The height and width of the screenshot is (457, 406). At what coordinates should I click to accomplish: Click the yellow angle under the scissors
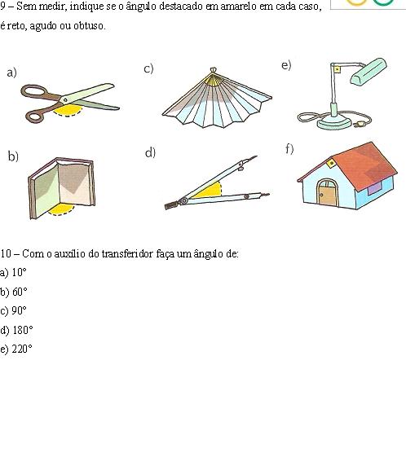pyautogui.click(x=68, y=110)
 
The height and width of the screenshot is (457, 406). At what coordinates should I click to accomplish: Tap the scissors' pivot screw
pyautogui.click(x=65, y=100)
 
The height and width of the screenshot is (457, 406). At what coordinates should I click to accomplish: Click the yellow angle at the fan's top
pyautogui.click(x=214, y=80)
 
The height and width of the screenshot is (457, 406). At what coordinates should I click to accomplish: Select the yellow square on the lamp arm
pyautogui.click(x=337, y=69)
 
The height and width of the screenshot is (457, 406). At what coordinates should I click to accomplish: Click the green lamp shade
pyautogui.click(x=368, y=72)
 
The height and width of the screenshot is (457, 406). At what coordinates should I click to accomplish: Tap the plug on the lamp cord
pyautogui.click(x=359, y=125)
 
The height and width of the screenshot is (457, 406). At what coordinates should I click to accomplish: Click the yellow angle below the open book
pyautogui.click(x=61, y=209)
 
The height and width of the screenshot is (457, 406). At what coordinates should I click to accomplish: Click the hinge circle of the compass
pyautogui.click(x=184, y=201)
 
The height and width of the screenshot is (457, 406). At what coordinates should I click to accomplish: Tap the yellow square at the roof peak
pyautogui.click(x=331, y=163)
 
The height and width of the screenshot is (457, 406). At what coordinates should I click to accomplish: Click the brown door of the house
pyautogui.click(x=328, y=196)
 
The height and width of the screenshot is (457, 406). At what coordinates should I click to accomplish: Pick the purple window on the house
pyautogui.click(x=374, y=188)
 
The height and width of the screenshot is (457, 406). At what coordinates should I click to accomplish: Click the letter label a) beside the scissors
pyautogui.click(x=12, y=73)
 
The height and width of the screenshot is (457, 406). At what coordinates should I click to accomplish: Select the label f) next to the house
pyautogui.click(x=289, y=149)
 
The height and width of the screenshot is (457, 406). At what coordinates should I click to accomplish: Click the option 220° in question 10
pyautogui.click(x=22, y=349)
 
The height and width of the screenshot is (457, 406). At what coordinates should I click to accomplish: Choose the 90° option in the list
pyautogui.click(x=20, y=310)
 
